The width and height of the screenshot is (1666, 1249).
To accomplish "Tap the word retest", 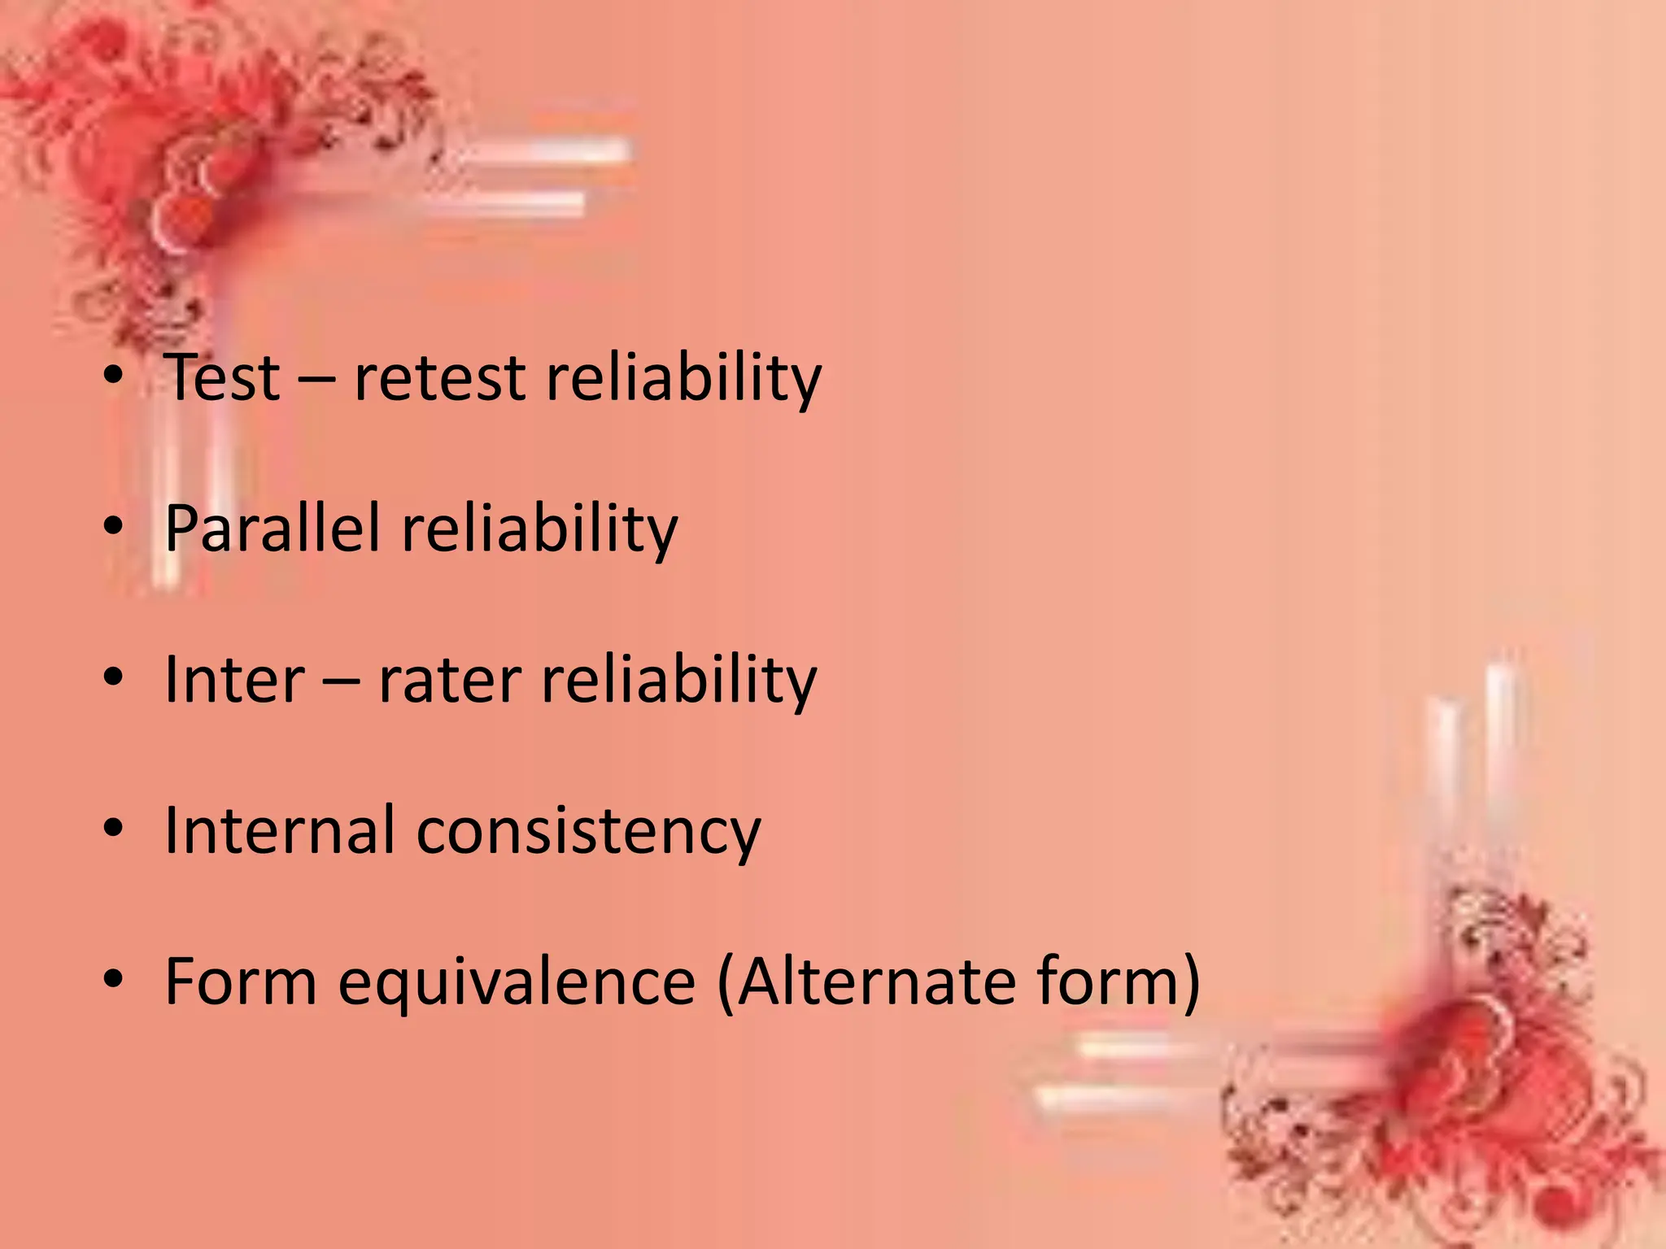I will click(439, 379).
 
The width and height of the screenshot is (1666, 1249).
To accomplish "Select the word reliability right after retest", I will click(683, 379).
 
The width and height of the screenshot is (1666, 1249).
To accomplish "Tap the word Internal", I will click(280, 831).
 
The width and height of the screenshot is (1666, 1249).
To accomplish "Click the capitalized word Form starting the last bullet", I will click(240, 982).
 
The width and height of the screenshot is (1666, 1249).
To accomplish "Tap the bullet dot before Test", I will click(113, 376).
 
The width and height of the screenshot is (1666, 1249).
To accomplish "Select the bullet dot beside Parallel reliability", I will click(113, 527).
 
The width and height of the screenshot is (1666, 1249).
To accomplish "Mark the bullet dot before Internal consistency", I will click(113, 828).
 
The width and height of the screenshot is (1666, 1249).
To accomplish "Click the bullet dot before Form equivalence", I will click(113, 979).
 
